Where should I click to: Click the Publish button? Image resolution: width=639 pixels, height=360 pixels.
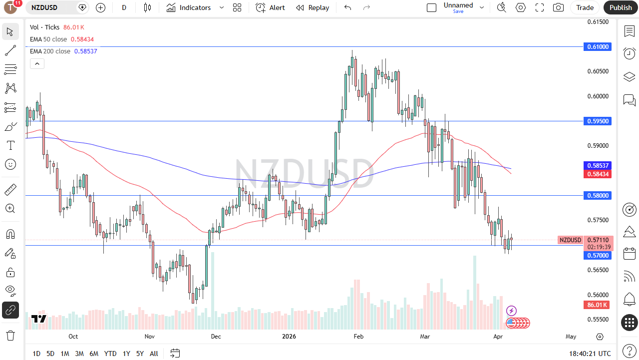621,7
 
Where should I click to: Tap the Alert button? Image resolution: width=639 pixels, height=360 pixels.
271,7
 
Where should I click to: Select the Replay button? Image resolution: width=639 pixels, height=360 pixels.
313,7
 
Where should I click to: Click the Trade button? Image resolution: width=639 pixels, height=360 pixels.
585,7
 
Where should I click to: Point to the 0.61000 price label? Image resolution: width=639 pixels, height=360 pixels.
598,46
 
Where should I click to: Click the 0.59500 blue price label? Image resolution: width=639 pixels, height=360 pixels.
598,121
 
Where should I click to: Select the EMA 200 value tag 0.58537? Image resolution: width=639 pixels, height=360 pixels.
598,165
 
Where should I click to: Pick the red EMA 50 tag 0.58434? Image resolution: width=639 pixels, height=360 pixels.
598,174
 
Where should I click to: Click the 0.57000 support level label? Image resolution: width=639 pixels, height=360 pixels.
598,255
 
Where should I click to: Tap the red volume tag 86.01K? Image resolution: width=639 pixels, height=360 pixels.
597,305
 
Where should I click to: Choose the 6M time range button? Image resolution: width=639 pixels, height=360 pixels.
94,354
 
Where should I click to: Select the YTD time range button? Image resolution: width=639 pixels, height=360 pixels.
110,354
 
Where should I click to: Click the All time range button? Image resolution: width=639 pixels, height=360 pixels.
154,354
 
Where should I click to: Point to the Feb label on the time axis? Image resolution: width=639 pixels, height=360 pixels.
358,337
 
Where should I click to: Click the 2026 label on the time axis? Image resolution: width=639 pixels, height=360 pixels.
289,337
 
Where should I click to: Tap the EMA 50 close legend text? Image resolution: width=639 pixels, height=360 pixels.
48,39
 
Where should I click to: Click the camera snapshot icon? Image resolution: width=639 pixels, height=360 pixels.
558,7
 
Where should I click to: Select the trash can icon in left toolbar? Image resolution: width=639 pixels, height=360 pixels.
10,335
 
